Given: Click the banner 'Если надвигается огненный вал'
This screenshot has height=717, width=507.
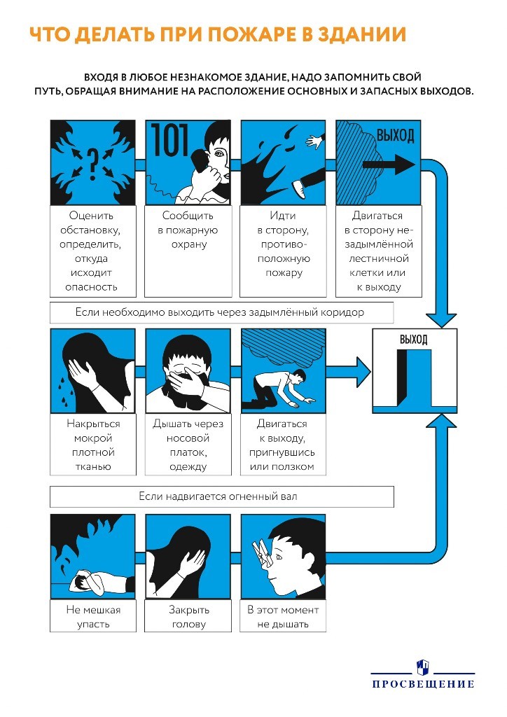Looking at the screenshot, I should coord(221,496).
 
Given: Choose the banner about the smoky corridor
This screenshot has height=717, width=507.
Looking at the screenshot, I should coord(221,312).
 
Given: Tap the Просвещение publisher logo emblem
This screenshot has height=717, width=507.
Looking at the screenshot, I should coord(422,667).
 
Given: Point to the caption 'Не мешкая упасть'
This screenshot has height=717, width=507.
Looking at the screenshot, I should coord(93,617).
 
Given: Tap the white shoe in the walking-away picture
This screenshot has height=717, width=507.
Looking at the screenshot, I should coord(299,188).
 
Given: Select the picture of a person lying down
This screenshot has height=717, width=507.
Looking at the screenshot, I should coord(93,557).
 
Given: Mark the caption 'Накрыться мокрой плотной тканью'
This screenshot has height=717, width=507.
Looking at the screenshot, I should coord(93,445).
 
